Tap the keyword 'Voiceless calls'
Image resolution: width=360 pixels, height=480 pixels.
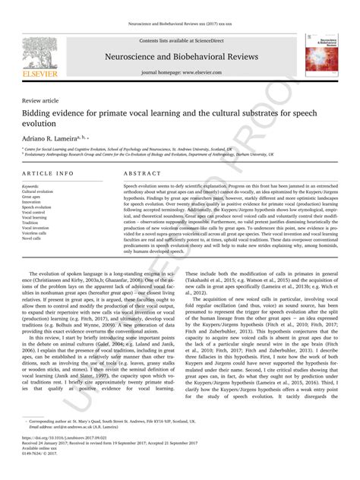[36, 232]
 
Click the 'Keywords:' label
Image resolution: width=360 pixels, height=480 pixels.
[31, 186]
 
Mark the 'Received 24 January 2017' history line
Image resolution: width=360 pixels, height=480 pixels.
[46, 463]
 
